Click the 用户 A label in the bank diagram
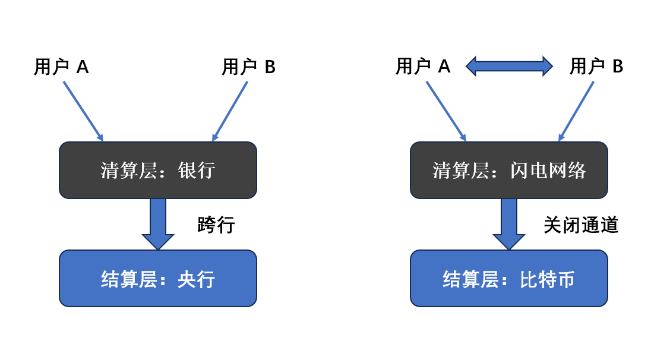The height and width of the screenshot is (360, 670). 61,67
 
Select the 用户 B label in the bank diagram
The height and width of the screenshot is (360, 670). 248,67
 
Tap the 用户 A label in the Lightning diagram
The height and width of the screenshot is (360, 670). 423,66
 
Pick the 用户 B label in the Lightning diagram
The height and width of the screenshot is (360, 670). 596,66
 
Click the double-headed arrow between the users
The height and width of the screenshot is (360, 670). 509,66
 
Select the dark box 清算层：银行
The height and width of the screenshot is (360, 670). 158,170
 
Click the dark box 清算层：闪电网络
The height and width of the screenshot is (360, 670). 509,170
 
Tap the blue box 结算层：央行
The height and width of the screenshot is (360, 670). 158,278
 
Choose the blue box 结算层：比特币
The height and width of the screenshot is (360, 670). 509,278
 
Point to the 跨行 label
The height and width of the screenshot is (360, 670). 216,225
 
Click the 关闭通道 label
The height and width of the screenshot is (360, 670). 581,225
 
